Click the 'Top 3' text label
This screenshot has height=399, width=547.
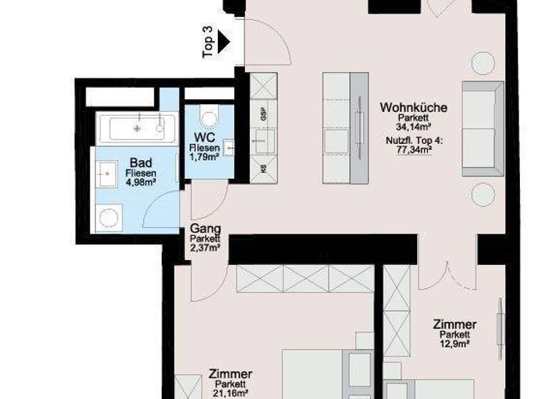tap(209, 41)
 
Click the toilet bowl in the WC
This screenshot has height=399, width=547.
tap(209, 116)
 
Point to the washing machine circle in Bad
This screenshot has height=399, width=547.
tap(108, 217)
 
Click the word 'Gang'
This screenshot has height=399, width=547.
tap(204, 229)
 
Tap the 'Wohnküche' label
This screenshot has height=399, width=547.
tap(413, 108)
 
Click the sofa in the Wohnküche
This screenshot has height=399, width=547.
tap(482, 129)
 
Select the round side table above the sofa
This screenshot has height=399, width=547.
tap(482, 64)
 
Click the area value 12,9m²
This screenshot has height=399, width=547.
tap(454, 343)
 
